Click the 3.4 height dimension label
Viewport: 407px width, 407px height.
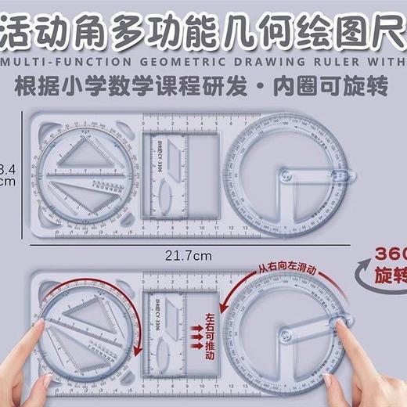point(6,167)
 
